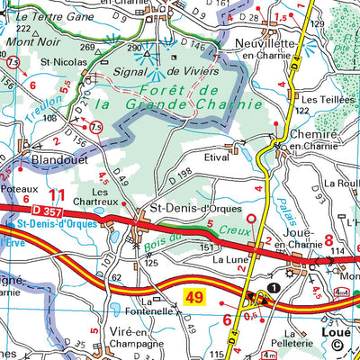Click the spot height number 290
[135, 48]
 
